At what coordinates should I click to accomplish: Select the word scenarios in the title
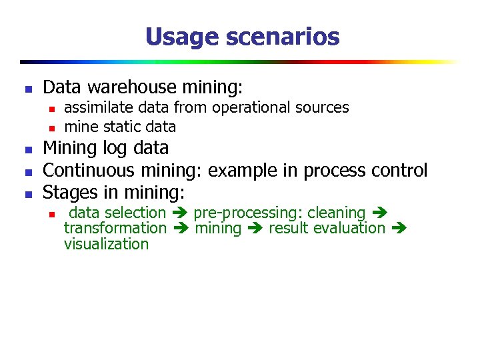click(x=282, y=36)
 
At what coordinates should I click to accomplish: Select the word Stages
click(x=69, y=193)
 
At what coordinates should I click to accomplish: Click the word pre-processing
click(x=246, y=213)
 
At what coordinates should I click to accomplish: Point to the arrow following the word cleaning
click(x=379, y=213)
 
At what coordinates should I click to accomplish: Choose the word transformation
click(x=115, y=229)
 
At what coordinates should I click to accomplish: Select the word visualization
click(x=106, y=244)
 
